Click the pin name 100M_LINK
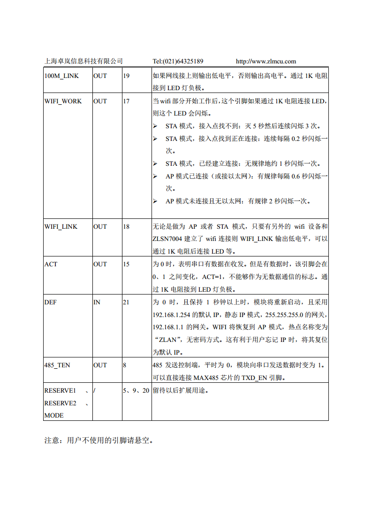tap(61, 76)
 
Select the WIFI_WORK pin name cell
tap(63, 101)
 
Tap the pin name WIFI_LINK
tap(61, 226)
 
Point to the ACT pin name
tap(51, 264)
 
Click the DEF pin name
tap(50, 302)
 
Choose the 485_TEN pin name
tap(57, 365)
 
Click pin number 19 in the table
tap(126, 76)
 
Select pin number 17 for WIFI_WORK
tap(126, 101)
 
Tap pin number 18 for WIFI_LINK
tap(126, 226)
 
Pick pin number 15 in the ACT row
tap(126, 264)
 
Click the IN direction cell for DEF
tap(97, 302)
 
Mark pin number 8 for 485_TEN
tap(125, 365)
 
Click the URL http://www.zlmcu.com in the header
tap(266, 61)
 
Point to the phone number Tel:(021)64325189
tap(178, 61)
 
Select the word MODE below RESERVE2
tap(54, 415)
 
